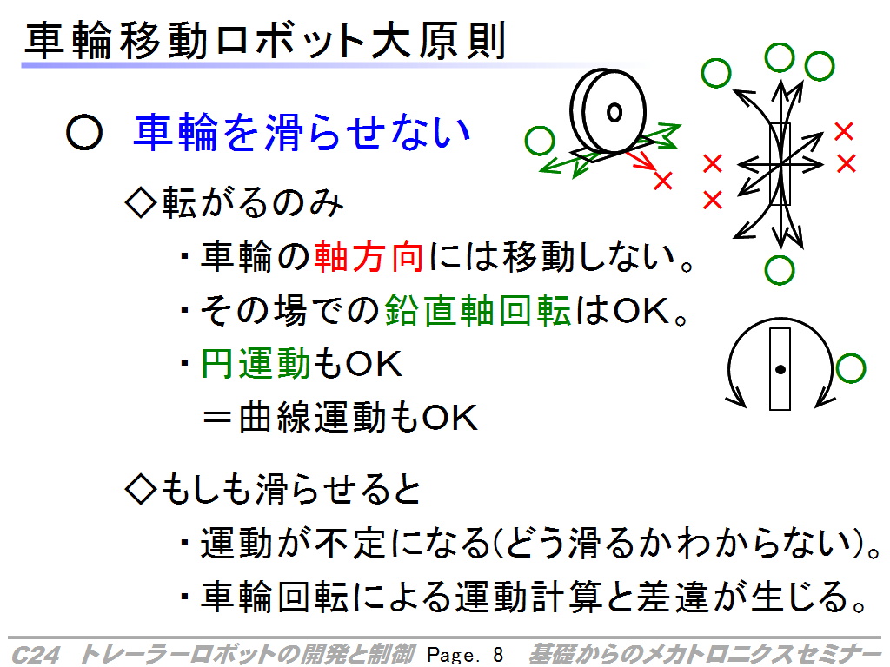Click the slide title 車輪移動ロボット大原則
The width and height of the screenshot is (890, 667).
pyautogui.click(x=265, y=40)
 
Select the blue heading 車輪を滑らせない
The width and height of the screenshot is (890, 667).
pyautogui.click(x=302, y=132)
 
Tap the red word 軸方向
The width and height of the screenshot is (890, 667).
pyautogui.click(x=369, y=256)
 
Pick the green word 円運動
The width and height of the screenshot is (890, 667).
pyautogui.click(x=256, y=363)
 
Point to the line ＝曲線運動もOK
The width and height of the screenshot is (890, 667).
pyautogui.click(x=340, y=417)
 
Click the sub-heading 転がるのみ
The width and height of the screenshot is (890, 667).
pyautogui.click(x=253, y=201)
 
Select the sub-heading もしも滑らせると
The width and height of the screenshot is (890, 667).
pyautogui.click(x=291, y=489)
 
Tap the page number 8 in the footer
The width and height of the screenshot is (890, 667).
pyautogui.click(x=498, y=655)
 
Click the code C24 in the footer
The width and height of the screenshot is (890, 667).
pyautogui.click(x=35, y=655)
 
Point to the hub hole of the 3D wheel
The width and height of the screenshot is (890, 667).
pyautogui.click(x=614, y=112)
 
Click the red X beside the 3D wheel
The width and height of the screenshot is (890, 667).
pyautogui.click(x=663, y=181)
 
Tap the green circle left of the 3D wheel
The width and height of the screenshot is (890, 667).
pyautogui.click(x=540, y=140)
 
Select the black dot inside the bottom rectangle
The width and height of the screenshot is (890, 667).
pyautogui.click(x=780, y=370)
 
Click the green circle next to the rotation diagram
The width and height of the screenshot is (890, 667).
pyautogui.click(x=850, y=368)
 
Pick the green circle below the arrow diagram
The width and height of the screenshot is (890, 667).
pyautogui.click(x=780, y=270)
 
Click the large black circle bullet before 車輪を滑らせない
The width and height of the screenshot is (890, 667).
pyautogui.click(x=84, y=133)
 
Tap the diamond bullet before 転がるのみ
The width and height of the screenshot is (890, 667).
pyautogui.click(x=140, y=203)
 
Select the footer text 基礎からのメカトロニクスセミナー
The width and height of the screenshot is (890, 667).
pyautogui.click(x=705, y=655)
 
